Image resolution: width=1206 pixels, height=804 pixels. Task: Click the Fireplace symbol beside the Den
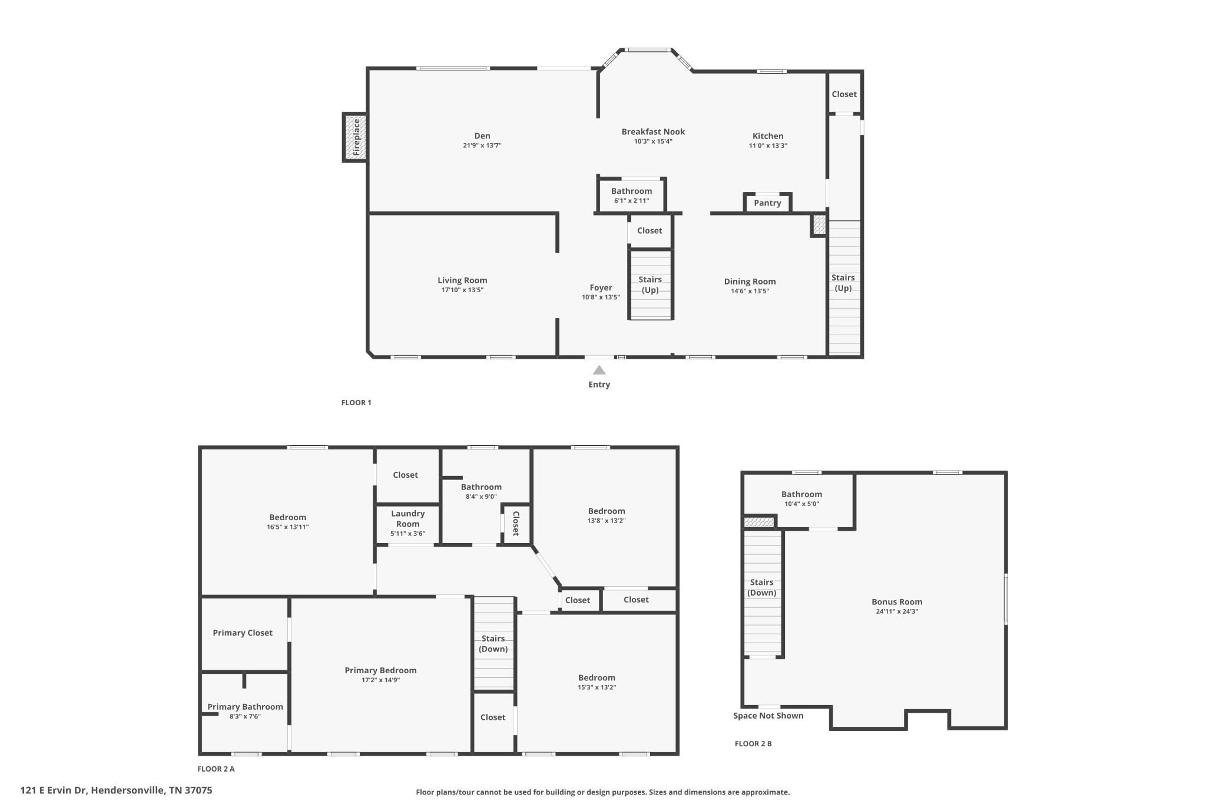click(355, 137)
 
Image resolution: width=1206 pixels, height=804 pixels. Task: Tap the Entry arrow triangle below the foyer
click(599, 370)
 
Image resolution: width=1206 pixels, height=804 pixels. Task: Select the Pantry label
click(767, 203)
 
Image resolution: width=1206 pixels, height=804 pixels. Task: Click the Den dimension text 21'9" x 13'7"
click(482, 145)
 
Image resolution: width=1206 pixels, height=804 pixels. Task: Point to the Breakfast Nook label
click(653, 131)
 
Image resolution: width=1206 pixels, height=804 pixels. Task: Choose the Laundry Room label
click(407, 519)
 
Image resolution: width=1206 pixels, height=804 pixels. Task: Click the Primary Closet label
click(243, 633)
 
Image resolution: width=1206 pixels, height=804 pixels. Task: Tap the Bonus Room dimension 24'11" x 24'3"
click(897, 611)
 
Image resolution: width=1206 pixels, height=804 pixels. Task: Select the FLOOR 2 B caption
click(753, 744)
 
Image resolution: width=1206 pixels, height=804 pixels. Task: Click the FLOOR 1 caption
click(356, 403)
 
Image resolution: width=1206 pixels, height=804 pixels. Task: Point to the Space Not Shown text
click(768, 716)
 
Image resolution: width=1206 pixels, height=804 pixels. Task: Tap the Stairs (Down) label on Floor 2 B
click(761, 587)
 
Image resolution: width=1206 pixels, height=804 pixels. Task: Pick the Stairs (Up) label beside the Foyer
click(650, 284)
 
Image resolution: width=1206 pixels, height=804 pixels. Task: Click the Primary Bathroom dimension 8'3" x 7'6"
click(245, 717)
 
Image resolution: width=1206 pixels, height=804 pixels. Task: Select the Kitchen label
click(768, 135)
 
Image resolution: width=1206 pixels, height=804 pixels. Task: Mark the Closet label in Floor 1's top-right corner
click(844, 94)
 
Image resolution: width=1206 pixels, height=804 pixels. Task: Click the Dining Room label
click(750, 282)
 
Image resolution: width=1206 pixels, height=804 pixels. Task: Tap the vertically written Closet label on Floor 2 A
click(516, 523)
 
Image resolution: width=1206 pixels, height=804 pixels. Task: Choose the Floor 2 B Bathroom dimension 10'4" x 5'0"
click(801, 504)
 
